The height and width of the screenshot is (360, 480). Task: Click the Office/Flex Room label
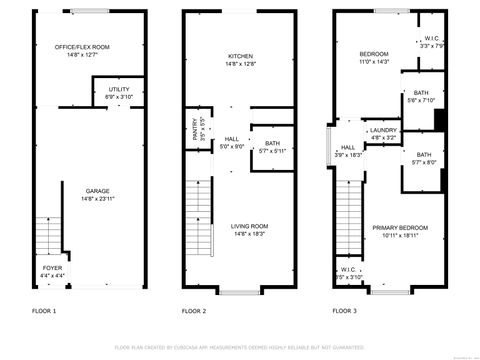tap(82, 47)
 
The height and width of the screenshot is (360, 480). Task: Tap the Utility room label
tap(119, 90)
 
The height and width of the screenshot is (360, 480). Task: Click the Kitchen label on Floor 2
tap(240, 56)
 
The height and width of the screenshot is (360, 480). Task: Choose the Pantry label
tap(196, 129)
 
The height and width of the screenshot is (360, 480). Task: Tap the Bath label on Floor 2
tap(272, 144)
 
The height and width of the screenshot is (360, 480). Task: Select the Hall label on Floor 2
tap(232, 139)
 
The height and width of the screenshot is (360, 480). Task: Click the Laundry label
tap(383, 130)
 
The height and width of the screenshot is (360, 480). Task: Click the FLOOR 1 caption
tap(44, 311)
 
